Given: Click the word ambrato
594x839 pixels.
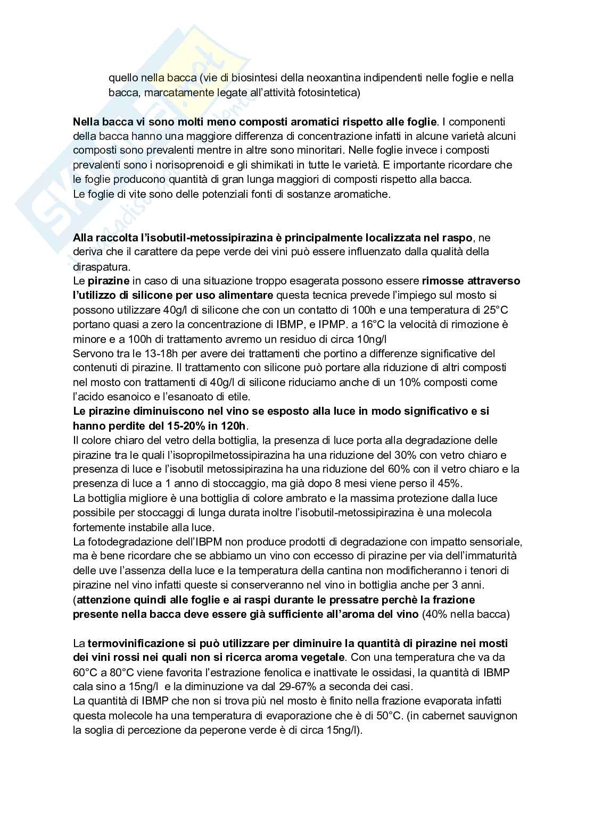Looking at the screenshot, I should (x=294, y=498).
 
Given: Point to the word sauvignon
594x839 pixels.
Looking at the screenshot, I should (x=492, y=716).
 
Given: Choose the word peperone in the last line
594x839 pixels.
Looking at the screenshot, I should (x=226, y=731).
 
